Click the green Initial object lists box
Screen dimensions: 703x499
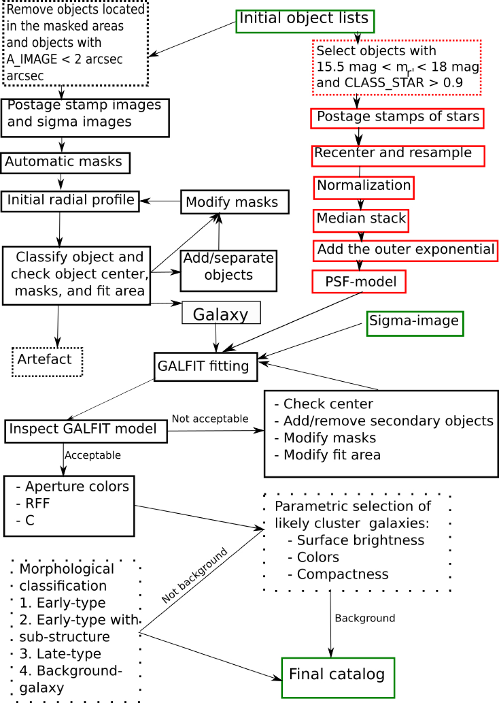[x=305, y=21]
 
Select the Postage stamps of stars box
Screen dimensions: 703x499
[x=397, y=118]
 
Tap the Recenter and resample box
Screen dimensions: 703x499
[x=398, y=156]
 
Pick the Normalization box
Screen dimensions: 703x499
[x=363, y=188]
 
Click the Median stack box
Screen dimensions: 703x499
[x=361, y=221]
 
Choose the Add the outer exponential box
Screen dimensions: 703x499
[x=405, y=251]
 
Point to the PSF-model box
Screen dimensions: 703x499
[x=359, y=282]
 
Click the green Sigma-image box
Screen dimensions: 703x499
[x=415, y=323]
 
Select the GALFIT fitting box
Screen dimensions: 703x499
[x=205, y=367]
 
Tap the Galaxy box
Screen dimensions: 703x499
[x=221, y=313]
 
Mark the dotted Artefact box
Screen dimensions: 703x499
[x=47, y=362]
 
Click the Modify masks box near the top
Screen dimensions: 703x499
[x=235, y=202]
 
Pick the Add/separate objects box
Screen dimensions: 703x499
[x=228, y=271]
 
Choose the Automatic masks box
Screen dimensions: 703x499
[x=65, y=163]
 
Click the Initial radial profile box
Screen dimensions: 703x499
[x=70, y=201]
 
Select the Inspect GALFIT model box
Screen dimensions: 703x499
[x=86, y=431]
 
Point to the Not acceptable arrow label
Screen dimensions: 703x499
[x=210, y=419]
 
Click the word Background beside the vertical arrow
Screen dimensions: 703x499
[x=365, y=618]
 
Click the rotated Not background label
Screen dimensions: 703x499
[x=195, y=575]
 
